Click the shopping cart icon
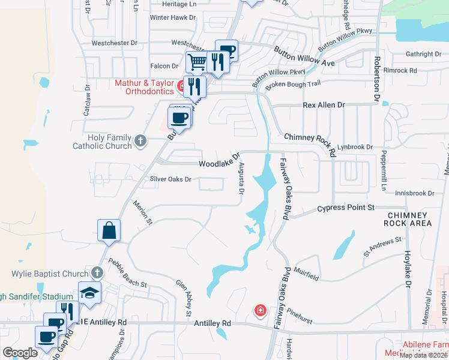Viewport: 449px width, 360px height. pos(196,61)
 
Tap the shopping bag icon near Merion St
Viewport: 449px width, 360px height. pos(109,230)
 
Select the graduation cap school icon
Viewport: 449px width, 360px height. pos(89,293)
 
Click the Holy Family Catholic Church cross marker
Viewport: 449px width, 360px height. pos(140,141)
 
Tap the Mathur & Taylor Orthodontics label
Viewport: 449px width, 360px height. pos(144,88)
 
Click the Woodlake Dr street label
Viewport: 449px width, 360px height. pos(219,164)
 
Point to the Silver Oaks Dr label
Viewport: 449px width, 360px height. pos(170,179)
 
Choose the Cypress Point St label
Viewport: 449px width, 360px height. pos(345,208)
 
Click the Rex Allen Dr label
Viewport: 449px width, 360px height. pos(324,105)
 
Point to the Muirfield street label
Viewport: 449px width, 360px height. pos(307,277)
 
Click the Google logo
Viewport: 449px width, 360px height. pos(20,353)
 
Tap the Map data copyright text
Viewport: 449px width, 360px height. pos(423,355)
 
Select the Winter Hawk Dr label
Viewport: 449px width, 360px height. pos(173,17)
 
